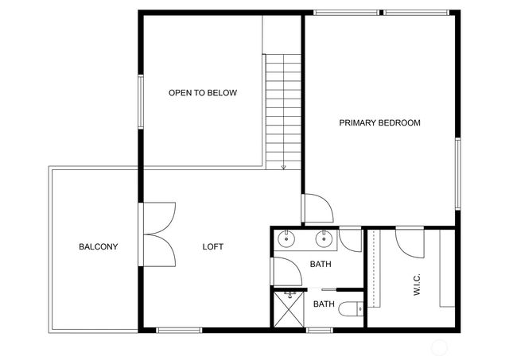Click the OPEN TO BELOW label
[202, 93]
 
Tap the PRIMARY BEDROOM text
[379, 122]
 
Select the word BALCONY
[98, 246]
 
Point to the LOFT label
[212, 246]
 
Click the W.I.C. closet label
[417, 284]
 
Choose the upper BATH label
[321, 265]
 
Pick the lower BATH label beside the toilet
[324, 304]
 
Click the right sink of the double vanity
[324, 238]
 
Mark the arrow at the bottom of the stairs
[283, 166]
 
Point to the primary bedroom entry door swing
[317, 208]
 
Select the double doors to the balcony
[159, 235]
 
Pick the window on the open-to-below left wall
[141, 100]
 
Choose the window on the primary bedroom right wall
[458, 173]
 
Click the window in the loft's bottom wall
[179, 330]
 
